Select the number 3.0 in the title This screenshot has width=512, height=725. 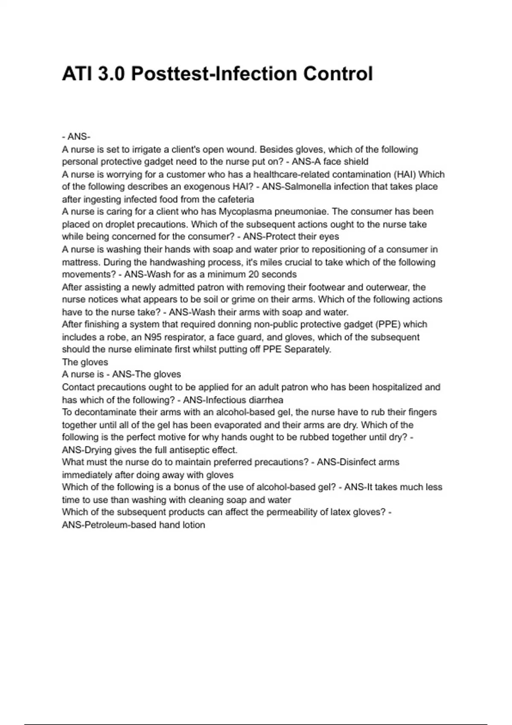pyautogui.click(x=112, y=74)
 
